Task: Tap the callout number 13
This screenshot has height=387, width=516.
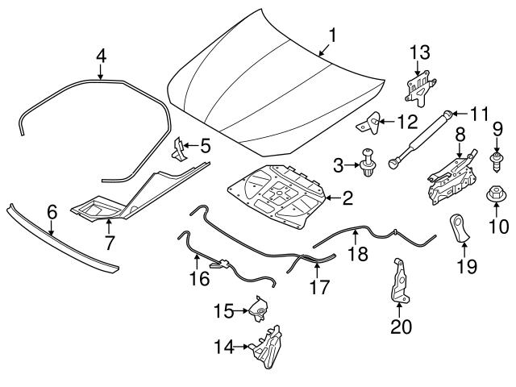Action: click(420, 53)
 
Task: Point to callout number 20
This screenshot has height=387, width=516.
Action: click(400, 327)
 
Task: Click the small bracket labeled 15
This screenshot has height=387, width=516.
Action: click(260, 309)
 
